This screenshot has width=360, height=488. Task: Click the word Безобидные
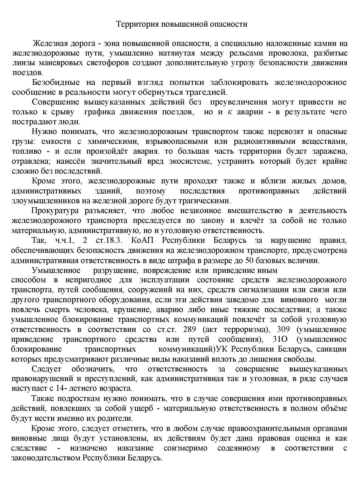(56, 82)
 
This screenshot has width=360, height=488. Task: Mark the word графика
(100, 112)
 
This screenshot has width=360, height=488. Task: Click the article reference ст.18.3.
(110, 240)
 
